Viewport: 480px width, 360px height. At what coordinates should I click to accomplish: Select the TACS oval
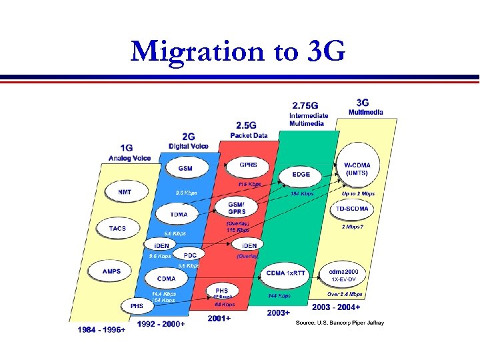tap(117, 228)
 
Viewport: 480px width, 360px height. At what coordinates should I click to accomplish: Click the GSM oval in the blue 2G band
tap(185, 168)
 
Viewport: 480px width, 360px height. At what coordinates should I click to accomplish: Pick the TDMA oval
tap(179, 214)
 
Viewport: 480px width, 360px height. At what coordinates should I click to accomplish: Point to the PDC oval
tap(190, 255)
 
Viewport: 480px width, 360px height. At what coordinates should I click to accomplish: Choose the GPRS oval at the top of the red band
tap(249, 165)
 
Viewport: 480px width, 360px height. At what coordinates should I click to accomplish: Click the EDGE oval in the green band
tap(301, 175)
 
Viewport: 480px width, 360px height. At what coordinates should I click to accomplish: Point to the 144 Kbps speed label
tap(279, 295)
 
